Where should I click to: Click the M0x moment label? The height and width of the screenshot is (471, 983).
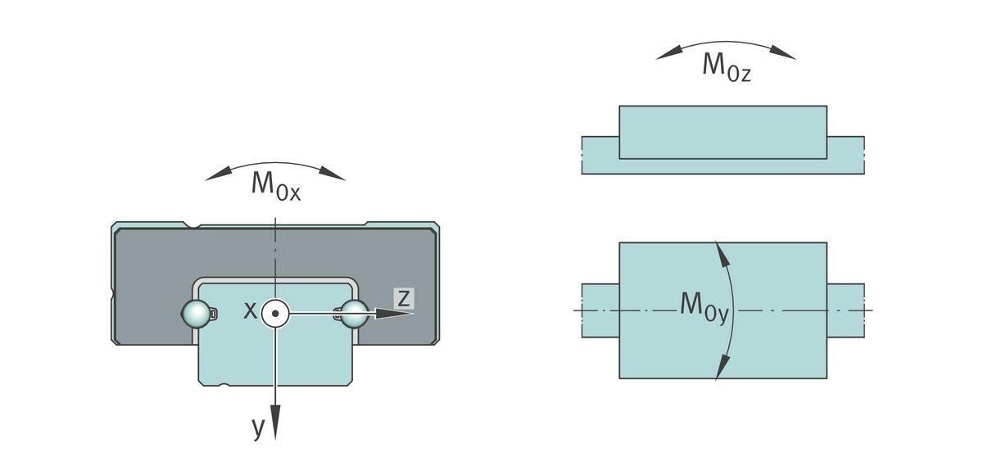(275, 186)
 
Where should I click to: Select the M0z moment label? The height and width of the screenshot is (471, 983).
(726, 66)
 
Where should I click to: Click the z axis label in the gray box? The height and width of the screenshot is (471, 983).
(403, 297)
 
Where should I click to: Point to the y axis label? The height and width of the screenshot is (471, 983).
(259, 427)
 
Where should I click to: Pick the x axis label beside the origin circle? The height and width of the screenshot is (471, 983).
(251, 310)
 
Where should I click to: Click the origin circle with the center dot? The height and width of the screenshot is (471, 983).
(276, 312)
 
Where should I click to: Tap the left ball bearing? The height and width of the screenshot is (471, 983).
(194, 313)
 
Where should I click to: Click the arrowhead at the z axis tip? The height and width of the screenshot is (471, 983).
(401, 312)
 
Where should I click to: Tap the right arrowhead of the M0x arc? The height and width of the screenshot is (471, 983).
(333, 173)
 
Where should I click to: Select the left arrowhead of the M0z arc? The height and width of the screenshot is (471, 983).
(670, 52)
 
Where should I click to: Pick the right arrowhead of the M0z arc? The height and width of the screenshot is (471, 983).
(782, 52)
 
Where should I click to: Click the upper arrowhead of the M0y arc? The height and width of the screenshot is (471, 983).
(723, 253)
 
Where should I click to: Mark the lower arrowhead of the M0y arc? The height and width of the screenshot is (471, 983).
(723, 367)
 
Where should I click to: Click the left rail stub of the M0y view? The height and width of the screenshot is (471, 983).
(600, 310)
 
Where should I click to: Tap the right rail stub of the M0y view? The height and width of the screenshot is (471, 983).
(845, 310)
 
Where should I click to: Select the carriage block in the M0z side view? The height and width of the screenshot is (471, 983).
(723, 131)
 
